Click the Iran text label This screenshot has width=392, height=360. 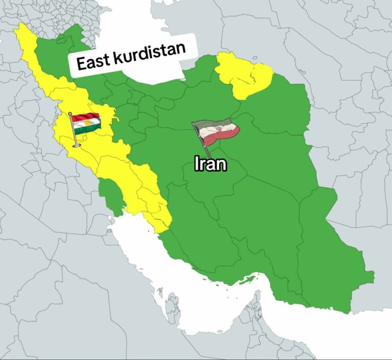210,164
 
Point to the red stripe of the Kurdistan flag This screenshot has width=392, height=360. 86,117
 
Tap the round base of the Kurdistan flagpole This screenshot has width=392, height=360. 77,146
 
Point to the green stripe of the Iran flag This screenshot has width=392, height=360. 212,123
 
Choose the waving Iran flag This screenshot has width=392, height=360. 217,131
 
